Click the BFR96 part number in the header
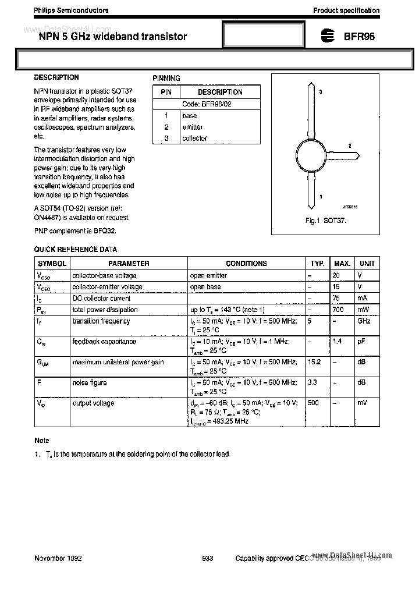[359, 36]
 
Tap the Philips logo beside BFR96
[328, 36]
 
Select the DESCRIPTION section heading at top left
[56, 77]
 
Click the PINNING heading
[166, 78]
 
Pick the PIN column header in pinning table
[166, 92]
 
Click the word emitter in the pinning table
[193, 127]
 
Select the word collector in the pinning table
[194, 139]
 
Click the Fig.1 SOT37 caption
[326, 222]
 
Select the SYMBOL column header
[52, 264]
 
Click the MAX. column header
[342, 264]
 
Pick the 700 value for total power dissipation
[338, 310]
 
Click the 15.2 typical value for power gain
[314, 362]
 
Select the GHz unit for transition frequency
[364, 321]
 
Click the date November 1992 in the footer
[58, 558]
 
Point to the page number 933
[208, 558]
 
